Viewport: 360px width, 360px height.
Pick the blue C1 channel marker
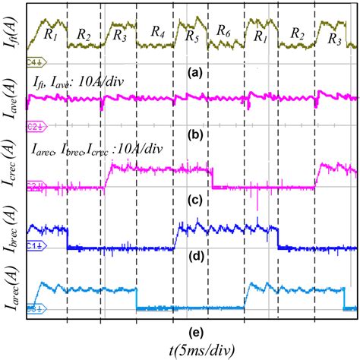tap(34, 247)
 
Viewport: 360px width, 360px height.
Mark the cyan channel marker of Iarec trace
tap(34, 308)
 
